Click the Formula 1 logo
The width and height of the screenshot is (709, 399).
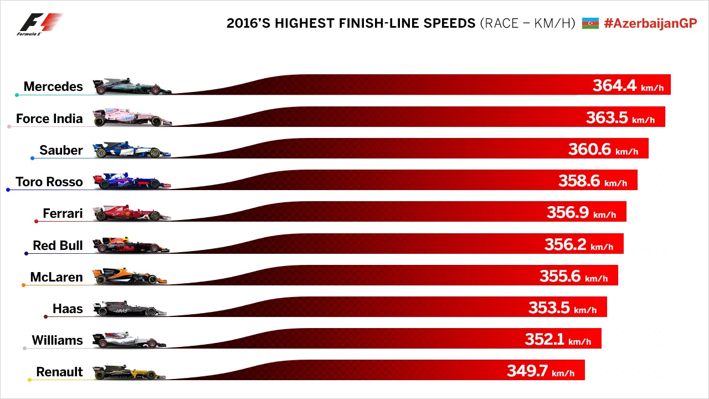point(40,24)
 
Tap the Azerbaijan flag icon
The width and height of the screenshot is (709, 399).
point(590,23)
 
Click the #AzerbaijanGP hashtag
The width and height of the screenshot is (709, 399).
point(650,23)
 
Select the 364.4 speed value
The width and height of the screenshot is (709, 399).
point(614,85)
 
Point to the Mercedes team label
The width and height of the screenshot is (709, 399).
point(53,86)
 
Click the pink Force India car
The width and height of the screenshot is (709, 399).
point(132,118)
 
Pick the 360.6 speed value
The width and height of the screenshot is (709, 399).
point(590,149)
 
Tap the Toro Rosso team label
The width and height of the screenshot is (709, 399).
point(49,182)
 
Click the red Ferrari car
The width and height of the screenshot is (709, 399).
point(132,213)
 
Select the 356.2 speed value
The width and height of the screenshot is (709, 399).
point(566,244)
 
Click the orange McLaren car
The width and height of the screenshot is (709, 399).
point(130,277)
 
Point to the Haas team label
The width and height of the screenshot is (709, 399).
point(68,309)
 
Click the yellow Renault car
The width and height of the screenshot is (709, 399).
point(129,372)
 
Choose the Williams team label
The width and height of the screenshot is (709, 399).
point(57,340)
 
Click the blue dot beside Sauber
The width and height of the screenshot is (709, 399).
point(32,158)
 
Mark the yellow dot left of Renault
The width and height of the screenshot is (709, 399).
point(29,380)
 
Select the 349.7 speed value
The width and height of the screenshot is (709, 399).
point(528,371)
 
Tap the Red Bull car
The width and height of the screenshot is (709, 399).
point(131,245)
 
